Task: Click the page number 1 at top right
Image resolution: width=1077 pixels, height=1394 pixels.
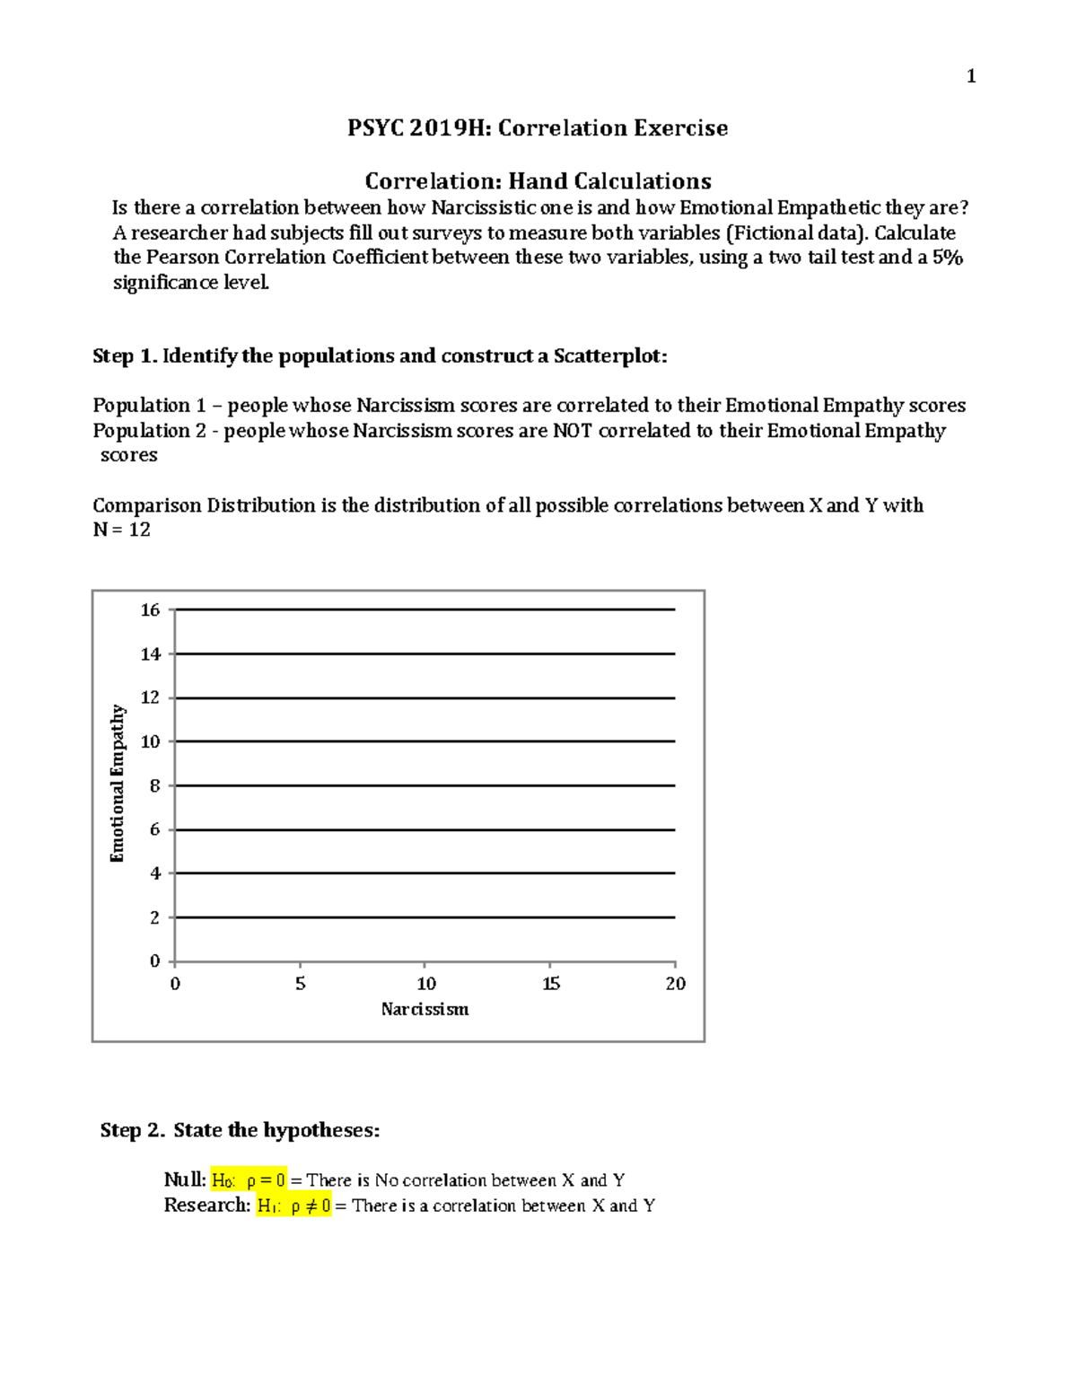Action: [x=970, y=76]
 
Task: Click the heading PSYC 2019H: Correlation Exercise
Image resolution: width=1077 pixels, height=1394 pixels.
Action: [x=538, y=128]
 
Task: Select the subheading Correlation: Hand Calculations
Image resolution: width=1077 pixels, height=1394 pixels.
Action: [x=538, y=181]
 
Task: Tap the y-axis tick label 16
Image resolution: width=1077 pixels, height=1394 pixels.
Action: [x=150, y=610]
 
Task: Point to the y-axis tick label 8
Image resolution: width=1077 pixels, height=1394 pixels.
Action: [x=155, y=785]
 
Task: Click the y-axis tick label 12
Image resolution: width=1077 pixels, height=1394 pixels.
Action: [x=150, y=697]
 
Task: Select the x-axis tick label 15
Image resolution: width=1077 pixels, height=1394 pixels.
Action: [x=551, y=984]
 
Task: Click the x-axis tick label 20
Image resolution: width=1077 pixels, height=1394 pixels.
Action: [x=675, y=984]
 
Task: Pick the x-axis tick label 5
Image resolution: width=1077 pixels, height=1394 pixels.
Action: [x=301, y=984]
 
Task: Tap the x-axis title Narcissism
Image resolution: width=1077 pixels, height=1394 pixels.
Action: [x=425, y=1009]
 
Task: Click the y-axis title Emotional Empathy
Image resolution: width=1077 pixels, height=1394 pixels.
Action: [x=118, y=784]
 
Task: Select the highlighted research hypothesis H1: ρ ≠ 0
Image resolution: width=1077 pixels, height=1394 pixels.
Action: [x=294, y=1206]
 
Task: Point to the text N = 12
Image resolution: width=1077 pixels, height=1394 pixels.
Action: [x=122, y=530]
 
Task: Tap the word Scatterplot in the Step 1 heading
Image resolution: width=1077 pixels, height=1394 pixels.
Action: [x=609, y=356]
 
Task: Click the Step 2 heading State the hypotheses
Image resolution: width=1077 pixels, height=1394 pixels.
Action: [x=276, y=1130]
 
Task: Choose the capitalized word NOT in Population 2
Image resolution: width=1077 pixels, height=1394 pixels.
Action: [x=572, y=431]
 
